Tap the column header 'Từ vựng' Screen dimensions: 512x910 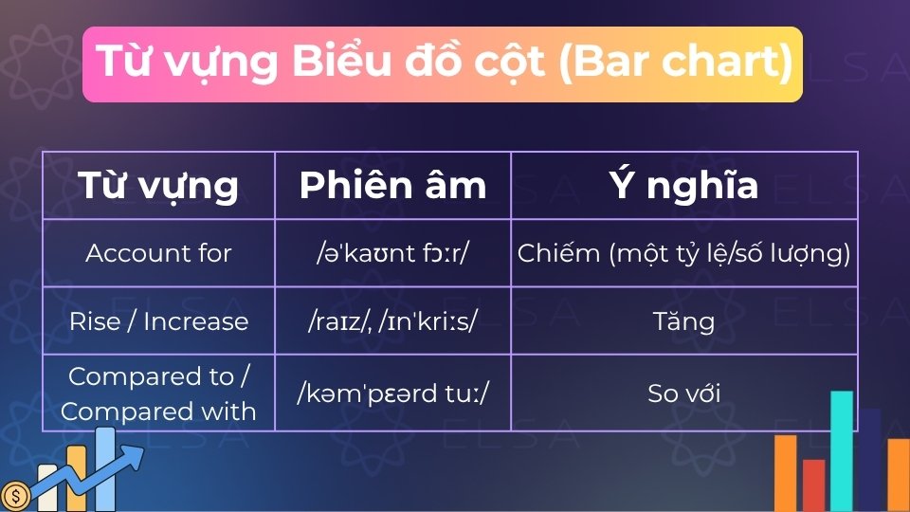pyautogui.click(x=158, y=185)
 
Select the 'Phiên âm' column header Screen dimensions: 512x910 pyautogui.click(x=392, y=185)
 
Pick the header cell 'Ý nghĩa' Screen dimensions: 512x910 pyautogui.click(x=683, y=185)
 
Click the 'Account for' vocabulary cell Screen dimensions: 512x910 pyautogui.click(x=158, y=253)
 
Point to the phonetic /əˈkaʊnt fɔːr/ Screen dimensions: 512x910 pyautogui.click(x=392, y=253)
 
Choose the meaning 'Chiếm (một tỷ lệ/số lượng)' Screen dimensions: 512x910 pyautogui.click(x=683, y=253)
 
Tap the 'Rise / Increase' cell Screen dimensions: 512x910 pyautogui.click(x=158, y=321)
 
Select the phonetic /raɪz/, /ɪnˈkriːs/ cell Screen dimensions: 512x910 pyautogui.click(x=392, y=321)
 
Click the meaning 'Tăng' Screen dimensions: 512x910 pyautogui.click(x=683, y=321)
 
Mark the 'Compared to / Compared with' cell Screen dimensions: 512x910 pyautogui.click(x=158, y=393)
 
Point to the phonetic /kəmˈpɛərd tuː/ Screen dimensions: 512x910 pyautogui.click(x=392, y=393)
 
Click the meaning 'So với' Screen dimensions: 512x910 pyautogui.click(x=683, y=393)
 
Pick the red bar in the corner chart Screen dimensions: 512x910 pyautogui.click(x=813, y=485)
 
